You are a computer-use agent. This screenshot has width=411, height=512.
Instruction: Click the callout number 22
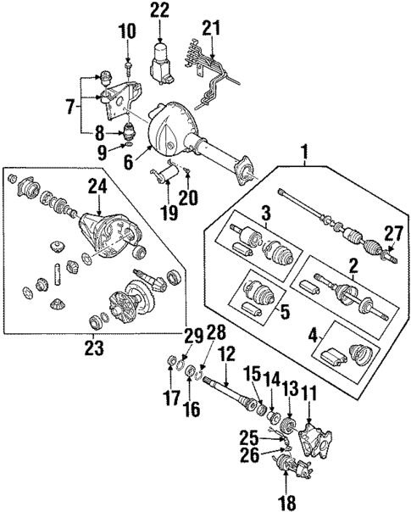(160, 11)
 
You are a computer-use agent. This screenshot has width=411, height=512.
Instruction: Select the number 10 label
(126, 33)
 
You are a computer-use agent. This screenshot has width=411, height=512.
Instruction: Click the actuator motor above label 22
(161, 61)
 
